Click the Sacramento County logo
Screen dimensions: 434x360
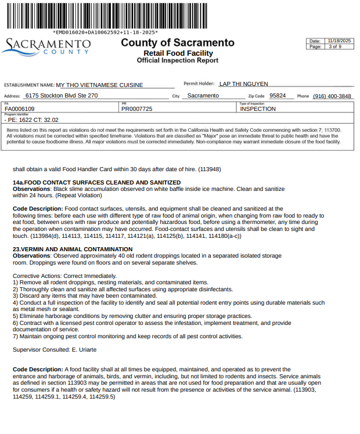click(x=46, y=46)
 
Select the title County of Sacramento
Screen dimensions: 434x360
click(x=178, y=43)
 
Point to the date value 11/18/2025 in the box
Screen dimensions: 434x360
click(x=339, y=41)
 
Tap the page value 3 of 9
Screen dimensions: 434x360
click(x=335, y=46)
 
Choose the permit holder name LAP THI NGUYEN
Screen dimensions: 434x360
click(x=243, y=84)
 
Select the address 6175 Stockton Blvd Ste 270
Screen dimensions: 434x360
click(x=62, y=96)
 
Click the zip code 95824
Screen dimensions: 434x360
click(x=278, y=96)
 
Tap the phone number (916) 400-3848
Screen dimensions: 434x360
click(x=332, y=96)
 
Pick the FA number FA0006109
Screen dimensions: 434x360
click(x=20, y=108)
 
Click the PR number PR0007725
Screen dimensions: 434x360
click(x=137, y=108)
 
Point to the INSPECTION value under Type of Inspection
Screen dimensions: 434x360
click(x=258, y=108)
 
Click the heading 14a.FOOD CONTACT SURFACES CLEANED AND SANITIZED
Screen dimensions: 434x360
click(x=97, y=183)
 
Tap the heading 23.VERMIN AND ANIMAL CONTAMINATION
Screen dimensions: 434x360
click(x=73, y=249)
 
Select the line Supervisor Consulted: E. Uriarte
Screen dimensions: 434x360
click(x=55, y=350)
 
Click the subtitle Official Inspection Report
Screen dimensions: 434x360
click(x=178, y=60)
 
